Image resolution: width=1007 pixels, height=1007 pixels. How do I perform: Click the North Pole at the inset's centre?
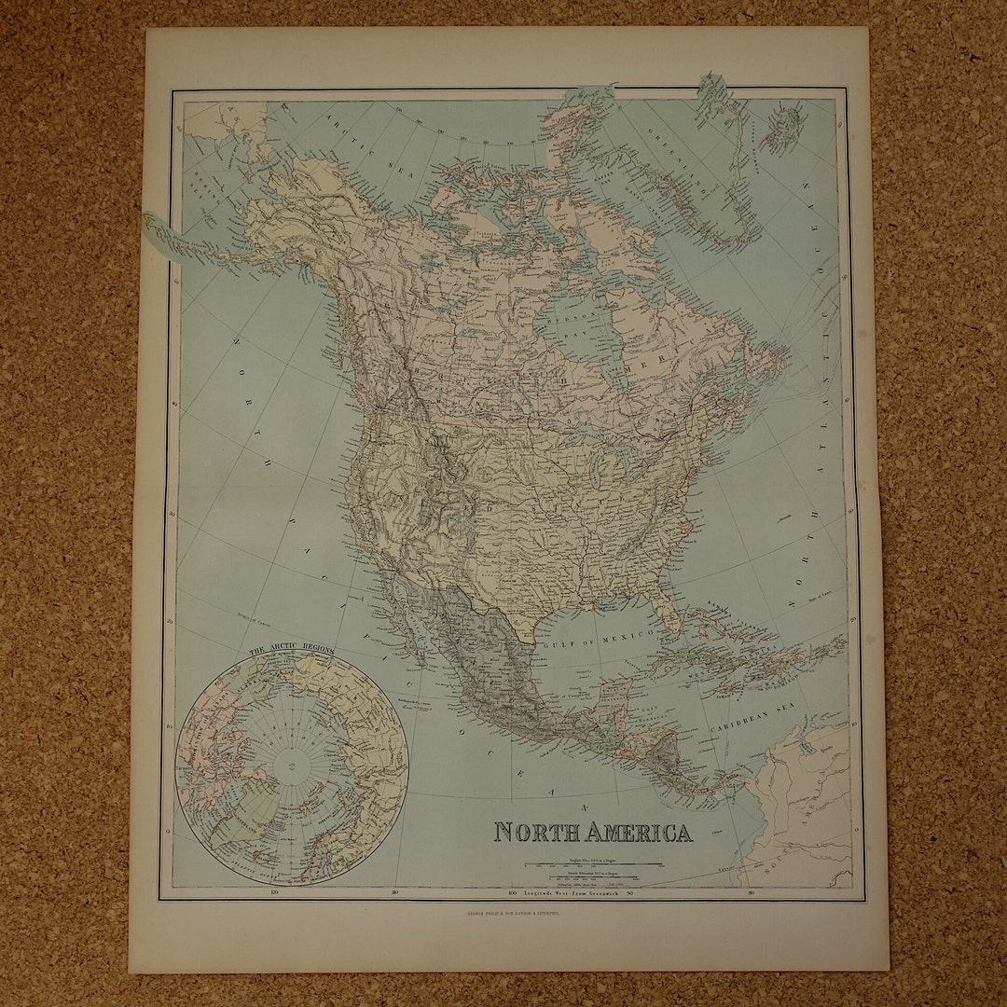pos(291,767)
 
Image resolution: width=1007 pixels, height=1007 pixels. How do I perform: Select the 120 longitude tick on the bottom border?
pos(272,893)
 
